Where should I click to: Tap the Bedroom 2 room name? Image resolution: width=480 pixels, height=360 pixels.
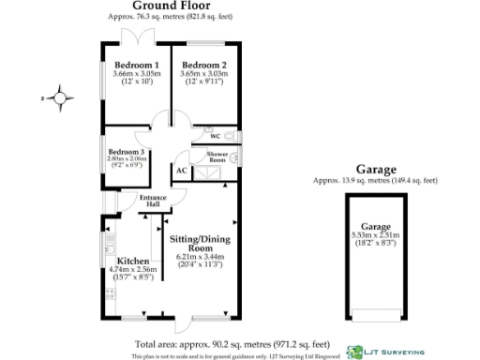203,65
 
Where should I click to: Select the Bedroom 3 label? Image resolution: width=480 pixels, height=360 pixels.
126,151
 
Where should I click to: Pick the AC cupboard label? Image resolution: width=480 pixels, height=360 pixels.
181,172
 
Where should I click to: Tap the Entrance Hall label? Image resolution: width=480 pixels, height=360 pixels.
152,201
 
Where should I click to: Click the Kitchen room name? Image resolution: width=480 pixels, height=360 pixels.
129,260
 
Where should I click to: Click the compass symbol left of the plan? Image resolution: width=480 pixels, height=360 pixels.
61,96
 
